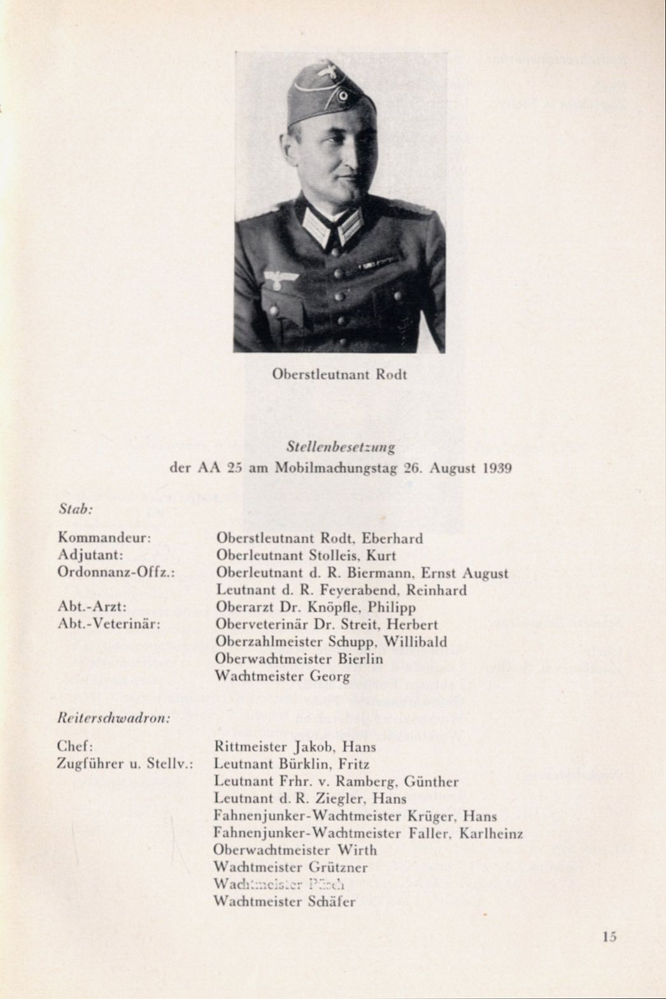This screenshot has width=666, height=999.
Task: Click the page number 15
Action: pos(609,936)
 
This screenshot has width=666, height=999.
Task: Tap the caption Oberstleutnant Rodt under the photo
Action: pos(339,374)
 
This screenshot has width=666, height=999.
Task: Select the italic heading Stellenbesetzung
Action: pos(341,447)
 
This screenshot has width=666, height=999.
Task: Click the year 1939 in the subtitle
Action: pos(497,469)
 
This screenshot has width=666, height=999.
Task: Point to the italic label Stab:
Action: pos(76,509)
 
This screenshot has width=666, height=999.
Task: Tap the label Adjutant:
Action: pos(90,555)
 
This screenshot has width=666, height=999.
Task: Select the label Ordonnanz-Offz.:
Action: pos(116,572)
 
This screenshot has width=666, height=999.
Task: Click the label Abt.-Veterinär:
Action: pos(109,624)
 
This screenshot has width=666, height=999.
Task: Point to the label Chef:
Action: pos(75,746)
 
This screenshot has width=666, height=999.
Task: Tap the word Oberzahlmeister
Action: pos(269,642)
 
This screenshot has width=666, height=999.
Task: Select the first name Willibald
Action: pos(415,642)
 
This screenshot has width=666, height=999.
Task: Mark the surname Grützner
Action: pos(338,867)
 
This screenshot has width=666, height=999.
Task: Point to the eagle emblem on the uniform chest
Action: pos(281,278)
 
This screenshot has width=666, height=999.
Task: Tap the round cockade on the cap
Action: pos(343,96)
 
